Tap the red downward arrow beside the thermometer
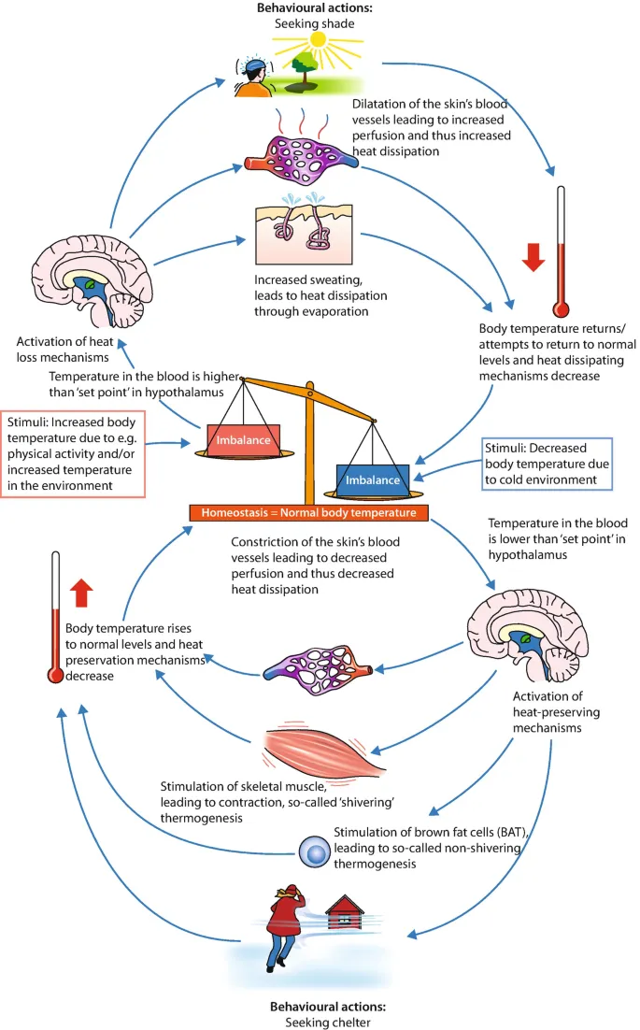coord(533,258)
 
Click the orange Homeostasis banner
coord(308,513)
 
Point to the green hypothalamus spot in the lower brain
coord(529,639)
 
